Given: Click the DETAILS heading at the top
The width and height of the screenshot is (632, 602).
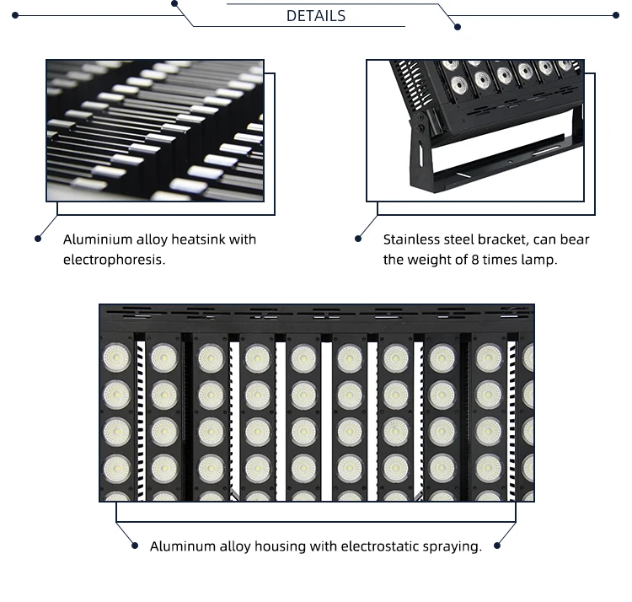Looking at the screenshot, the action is (x=316, y=16).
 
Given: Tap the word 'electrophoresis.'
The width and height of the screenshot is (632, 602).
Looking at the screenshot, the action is (x=114, y=260).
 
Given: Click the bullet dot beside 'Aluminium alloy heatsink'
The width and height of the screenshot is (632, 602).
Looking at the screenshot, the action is (x=38, y=239).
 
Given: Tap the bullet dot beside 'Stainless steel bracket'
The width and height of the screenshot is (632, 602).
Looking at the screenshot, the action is (x=359, y=239).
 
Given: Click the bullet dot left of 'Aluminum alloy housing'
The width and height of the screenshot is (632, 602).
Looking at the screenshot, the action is (x=135, y=546).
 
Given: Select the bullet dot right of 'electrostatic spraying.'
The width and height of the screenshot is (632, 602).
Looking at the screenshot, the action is (x=497, y=546).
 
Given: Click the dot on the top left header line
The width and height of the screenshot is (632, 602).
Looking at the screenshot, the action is (x=174, y=3).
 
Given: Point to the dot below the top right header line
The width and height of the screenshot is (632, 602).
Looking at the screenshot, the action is (x=458, y=27).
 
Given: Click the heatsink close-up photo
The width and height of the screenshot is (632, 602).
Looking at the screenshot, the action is (x=155, y=130).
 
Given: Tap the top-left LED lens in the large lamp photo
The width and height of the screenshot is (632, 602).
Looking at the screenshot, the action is (x=115, y=357).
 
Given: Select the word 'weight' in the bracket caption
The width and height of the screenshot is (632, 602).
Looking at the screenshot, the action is (x=430, y=260).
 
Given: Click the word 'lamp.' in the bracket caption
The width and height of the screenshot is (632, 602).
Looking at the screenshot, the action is (x=540, y=260).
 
